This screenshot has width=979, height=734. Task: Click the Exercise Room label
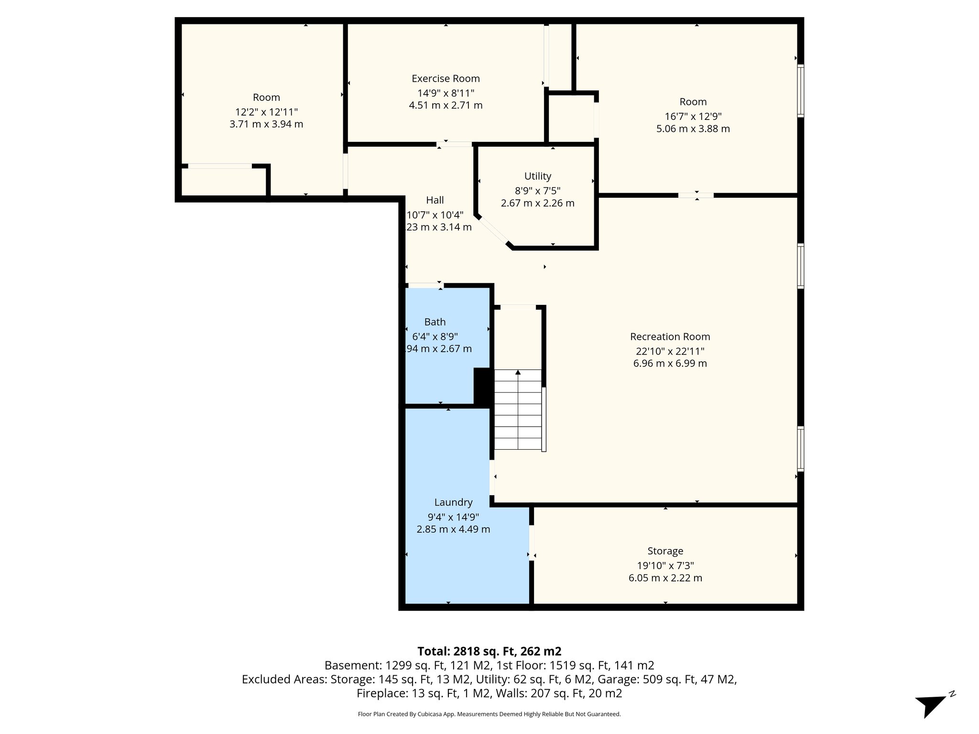446,78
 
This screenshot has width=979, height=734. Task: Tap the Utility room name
537,176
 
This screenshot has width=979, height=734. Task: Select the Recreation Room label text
670,336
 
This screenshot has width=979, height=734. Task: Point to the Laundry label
453,502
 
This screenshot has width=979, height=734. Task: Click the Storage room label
665,551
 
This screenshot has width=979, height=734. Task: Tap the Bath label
435,322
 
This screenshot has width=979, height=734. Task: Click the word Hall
435,200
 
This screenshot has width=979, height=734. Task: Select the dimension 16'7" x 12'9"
693,116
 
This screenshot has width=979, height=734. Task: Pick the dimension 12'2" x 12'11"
266,112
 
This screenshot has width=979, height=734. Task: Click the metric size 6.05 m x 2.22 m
665,578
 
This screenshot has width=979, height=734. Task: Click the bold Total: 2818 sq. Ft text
489,651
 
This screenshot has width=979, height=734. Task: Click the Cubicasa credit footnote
489,714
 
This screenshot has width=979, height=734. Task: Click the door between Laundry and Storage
531,542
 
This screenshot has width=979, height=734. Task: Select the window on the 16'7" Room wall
801,91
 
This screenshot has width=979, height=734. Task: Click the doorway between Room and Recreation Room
696,195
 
